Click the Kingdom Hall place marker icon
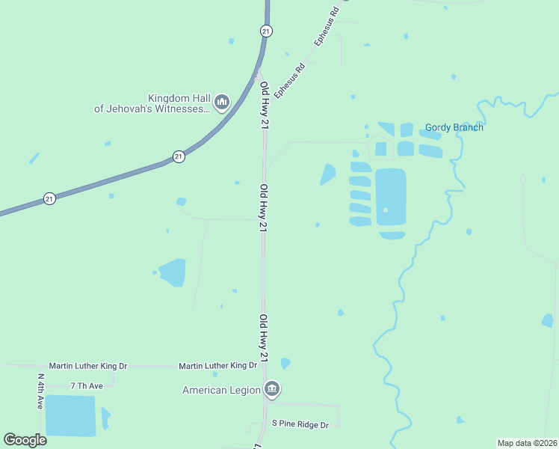coord(221,103)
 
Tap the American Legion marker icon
coord(272,389)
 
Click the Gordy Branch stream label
coord(454,127)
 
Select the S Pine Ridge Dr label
coord(300,424)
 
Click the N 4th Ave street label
coord(40,391)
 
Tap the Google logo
coord(25,440)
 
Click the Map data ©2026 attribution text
coord(526,443)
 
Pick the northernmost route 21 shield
coord(266,31)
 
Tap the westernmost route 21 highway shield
coord(49,198)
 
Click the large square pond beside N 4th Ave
coord(70,415)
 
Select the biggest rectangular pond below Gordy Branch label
coord(390,198)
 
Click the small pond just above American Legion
coord(285,364)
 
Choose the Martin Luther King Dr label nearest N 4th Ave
coord(88,366)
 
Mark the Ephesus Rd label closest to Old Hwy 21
coord(290,81)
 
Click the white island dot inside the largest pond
coord(386,210)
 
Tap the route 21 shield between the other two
coord(178,156)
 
